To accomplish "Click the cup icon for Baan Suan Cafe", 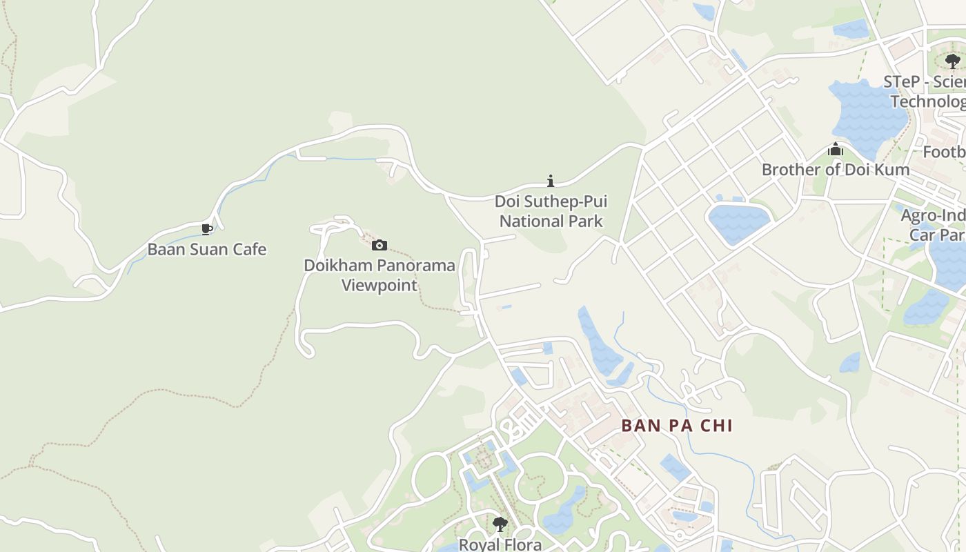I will tap(206, 229).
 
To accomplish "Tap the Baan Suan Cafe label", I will tap(206, 249).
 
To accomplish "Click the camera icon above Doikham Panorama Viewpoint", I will tap(379, 245).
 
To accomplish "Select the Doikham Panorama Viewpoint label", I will tap(379, 275).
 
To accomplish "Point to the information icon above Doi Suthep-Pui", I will tap(550, 181).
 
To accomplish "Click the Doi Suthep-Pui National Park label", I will tap(551, 211).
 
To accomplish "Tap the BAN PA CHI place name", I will tap(676, 425).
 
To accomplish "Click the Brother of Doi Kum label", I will tap(835, 169).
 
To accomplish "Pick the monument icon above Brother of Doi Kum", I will tap(836, 150).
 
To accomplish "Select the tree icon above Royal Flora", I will tap(500, 524).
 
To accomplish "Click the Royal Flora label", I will tap(500, 544).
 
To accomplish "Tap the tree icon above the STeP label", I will tap(953, 61).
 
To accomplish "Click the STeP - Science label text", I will tap(925, 82).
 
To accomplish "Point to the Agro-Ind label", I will tap(933, 215).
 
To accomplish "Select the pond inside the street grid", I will tap(738, 222).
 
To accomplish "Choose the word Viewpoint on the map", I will tap(379, 285).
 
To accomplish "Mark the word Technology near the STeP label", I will tap(929, 101).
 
